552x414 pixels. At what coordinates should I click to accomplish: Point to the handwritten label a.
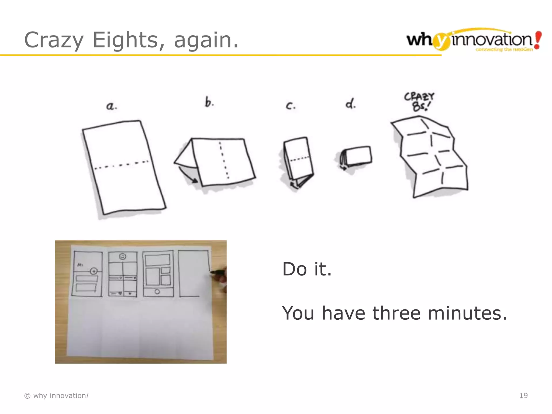pyautogui.click(x=111, y=106)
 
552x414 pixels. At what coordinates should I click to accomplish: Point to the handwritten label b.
pyautogui.click(x=209, y=102)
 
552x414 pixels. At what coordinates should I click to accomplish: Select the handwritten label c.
pyautogui.click(x=290, y=106)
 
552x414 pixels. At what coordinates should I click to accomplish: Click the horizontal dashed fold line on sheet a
pyautogui.click(x=121, y=165)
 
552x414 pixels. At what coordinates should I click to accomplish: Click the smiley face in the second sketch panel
pyautogui.click(x=123, y=256)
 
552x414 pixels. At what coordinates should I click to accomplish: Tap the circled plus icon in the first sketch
pyautogui.click(x=94, y=271)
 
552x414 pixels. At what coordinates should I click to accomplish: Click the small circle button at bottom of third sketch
pyautogui.click(x=157, y=292)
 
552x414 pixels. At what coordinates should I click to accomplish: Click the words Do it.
pyautogui.click(x=307, y=269)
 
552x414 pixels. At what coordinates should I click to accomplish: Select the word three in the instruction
pyautogui.click(x=396, y=313)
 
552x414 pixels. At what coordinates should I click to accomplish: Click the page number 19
pyautogui.click(x=523, y=395)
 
